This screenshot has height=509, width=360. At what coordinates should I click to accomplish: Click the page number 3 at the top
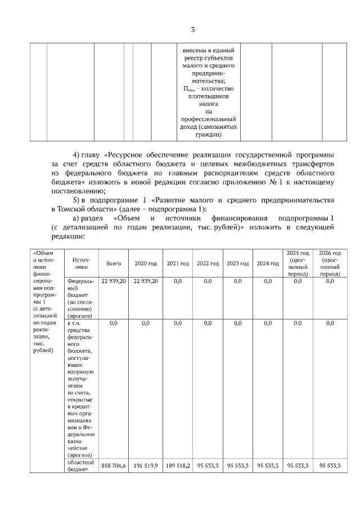click(x=192, y=30)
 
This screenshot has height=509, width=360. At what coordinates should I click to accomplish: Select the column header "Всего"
click(x=114, y=263)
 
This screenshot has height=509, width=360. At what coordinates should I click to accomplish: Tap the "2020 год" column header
click(x=146, y=263)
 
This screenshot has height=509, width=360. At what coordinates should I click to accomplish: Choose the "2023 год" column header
click(x=237, y=263)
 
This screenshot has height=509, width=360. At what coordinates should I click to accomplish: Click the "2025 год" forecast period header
click(x=298, y=263)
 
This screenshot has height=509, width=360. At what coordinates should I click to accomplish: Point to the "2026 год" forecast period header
click(x=330, y=263)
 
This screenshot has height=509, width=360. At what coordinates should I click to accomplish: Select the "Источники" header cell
click(x=82, y=263)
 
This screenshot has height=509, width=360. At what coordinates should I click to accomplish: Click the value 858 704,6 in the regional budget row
click(x=114, y=466)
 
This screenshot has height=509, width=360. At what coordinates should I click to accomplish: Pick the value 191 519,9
click(x=146, y=466)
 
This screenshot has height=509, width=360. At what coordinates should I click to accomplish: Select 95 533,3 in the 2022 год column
click(x=208, y=466)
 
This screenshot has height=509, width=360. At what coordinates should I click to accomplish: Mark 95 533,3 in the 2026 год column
click(x=330, y=466)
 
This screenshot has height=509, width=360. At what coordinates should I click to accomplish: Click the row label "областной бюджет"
click(x=81, y=467)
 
